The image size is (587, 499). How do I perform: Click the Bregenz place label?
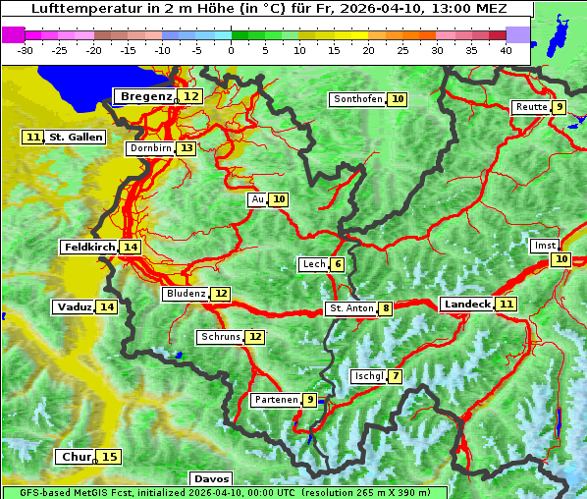[x=146, y=96]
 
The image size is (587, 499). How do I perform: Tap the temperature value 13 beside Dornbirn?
[x=187, y=148]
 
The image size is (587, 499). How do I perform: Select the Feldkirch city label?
[x=89, y=248]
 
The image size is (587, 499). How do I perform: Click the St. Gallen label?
[x=76, y=138]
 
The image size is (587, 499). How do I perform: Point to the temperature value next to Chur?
[x=110, y=457]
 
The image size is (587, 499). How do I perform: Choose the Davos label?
[x=210, y=479]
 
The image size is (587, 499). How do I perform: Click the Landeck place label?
[x=466, y=305]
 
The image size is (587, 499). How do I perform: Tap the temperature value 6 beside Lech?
[x=338, y=264]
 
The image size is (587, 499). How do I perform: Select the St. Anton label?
[x=350, y=308]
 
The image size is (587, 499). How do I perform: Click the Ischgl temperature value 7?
[x=395, y=376]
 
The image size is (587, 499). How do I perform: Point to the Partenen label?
[x=275, y=400]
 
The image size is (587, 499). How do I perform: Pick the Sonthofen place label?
[x=357, y=99]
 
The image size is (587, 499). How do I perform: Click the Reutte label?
[x=531, y=107]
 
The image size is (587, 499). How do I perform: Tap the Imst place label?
[x=543, y=246]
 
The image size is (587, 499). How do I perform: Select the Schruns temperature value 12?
[x=255, y=337]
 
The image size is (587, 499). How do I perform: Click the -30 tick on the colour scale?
[x=26, y=50]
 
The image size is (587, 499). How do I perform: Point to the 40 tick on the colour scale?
[x=506, y=50]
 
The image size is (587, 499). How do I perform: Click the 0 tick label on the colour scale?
[x=232, y=50]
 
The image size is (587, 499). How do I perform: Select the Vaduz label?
[x=75, y=307]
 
